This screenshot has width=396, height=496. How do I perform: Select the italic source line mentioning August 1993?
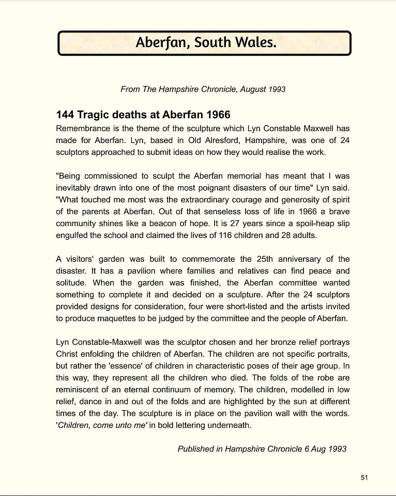tap(203, 89)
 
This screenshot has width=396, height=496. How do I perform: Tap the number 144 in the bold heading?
tap(65, 115)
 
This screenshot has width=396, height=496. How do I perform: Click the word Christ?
tap(67, 354)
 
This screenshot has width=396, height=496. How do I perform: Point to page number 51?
tap(364, 477)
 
